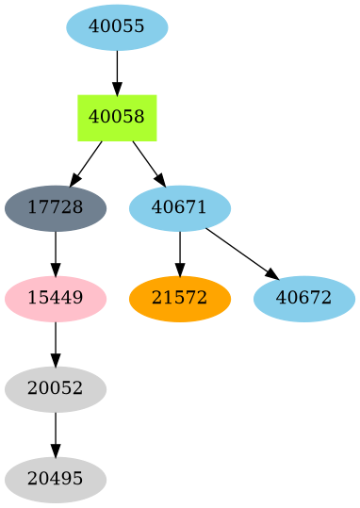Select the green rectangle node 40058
click(x=117, y=117)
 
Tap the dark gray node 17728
click(x=56, y=207)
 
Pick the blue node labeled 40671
click(x=180, y=207)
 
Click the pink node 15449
click(x=56, y=298)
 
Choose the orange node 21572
click(x=180, y=298)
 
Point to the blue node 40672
click(x=304, y=298)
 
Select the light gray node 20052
click(x=56, y=388)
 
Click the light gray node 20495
click(x=56, y=479)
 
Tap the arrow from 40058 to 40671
click(x=148, y=162)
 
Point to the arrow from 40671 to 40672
click(x=241, y=253)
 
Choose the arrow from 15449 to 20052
click(x=56, y=342)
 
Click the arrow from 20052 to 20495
click(x=56, y=433)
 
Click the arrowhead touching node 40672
click(x=272, y=274)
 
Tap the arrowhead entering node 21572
click(x=180, y=270)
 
